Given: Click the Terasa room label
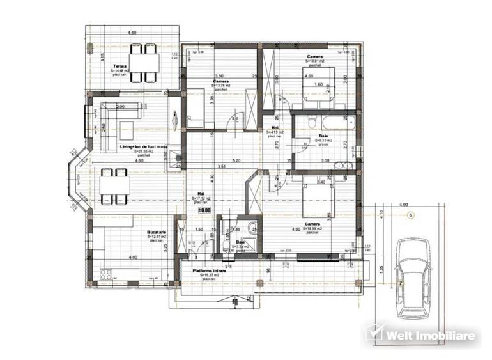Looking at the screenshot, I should click(x=119, y=67).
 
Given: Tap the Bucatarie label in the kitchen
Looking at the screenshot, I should click(x=157, y=233).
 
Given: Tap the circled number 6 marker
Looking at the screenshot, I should click(x=411, y=215).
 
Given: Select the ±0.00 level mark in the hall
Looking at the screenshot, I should click(x=204, y=209).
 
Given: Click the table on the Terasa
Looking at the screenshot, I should click(x=144, y=63).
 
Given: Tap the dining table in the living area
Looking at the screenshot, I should click(x=115, y=186).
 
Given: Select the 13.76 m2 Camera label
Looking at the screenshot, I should click(x=221, y=82).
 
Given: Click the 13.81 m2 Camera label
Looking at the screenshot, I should click(x=314, y=57).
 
